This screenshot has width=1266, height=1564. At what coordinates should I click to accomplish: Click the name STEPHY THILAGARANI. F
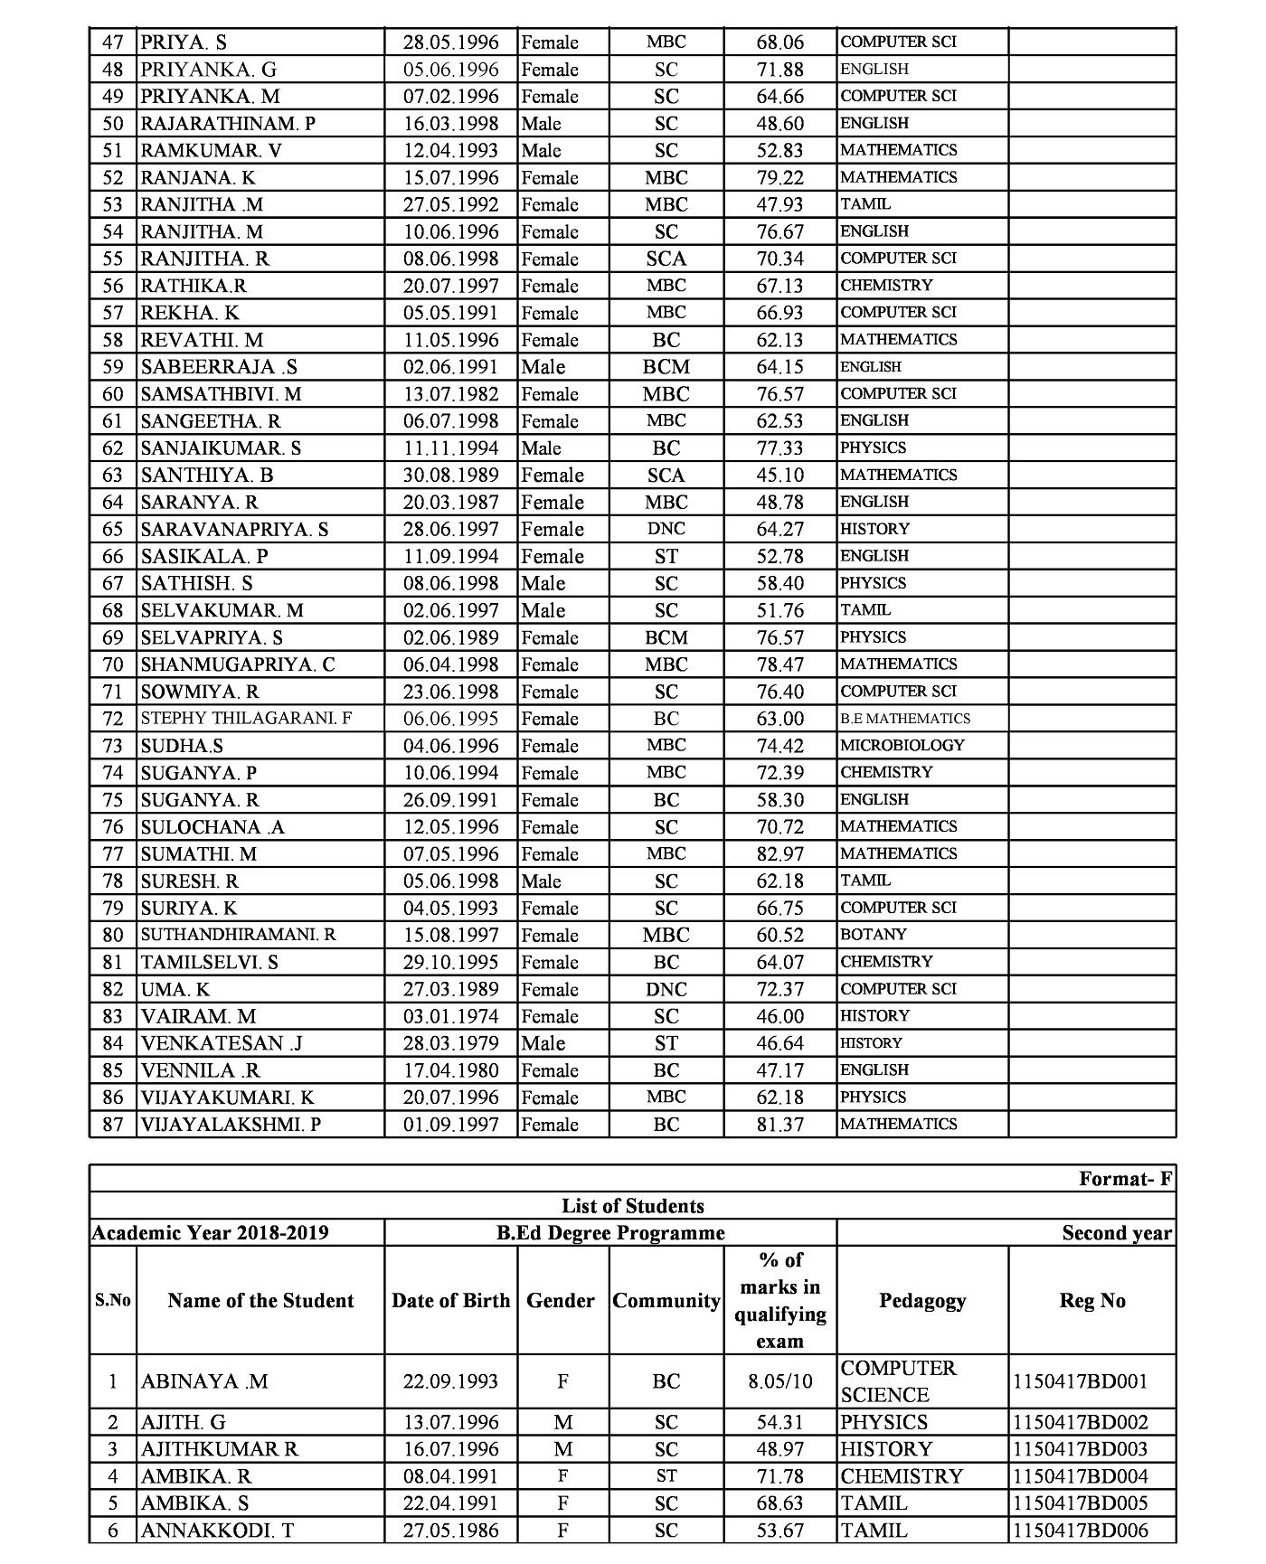[246, 719]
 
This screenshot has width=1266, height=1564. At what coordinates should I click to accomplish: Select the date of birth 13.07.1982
[450, 394]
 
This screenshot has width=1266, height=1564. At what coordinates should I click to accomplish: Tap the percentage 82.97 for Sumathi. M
[779, 854]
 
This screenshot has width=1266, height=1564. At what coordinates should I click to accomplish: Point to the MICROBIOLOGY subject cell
[902, 746]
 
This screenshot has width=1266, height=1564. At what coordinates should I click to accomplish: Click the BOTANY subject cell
[873, 935]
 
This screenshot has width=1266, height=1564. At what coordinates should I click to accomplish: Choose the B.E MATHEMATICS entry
[904, 719]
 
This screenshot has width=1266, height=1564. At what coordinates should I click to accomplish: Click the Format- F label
[1125, 1179]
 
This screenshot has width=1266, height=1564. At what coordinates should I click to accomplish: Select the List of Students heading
[632, 1206]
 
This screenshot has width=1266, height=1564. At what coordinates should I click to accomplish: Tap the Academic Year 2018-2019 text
[210, 1233]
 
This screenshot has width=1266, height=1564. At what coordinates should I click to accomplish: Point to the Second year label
[1117, 1233]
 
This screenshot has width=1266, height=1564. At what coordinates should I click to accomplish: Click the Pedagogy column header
[921, 1301]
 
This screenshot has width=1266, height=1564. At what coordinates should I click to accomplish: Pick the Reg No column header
[1091, 1301]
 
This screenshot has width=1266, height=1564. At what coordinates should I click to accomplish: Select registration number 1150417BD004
[1080, 1476]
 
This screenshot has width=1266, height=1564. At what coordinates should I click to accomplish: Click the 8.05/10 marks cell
[779, 1381]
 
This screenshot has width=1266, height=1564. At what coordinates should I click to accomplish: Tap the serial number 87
[112, 1125]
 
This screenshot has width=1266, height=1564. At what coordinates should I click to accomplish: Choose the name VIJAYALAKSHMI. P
[231, 1125]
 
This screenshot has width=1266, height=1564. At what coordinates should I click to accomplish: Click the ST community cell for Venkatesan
[666, 1043]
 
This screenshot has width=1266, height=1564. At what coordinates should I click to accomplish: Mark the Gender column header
[561, 1301]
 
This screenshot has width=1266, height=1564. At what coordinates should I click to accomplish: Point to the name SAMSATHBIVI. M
[221, 394]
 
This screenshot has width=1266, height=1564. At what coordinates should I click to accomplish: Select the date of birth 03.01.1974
[450, 1016]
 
